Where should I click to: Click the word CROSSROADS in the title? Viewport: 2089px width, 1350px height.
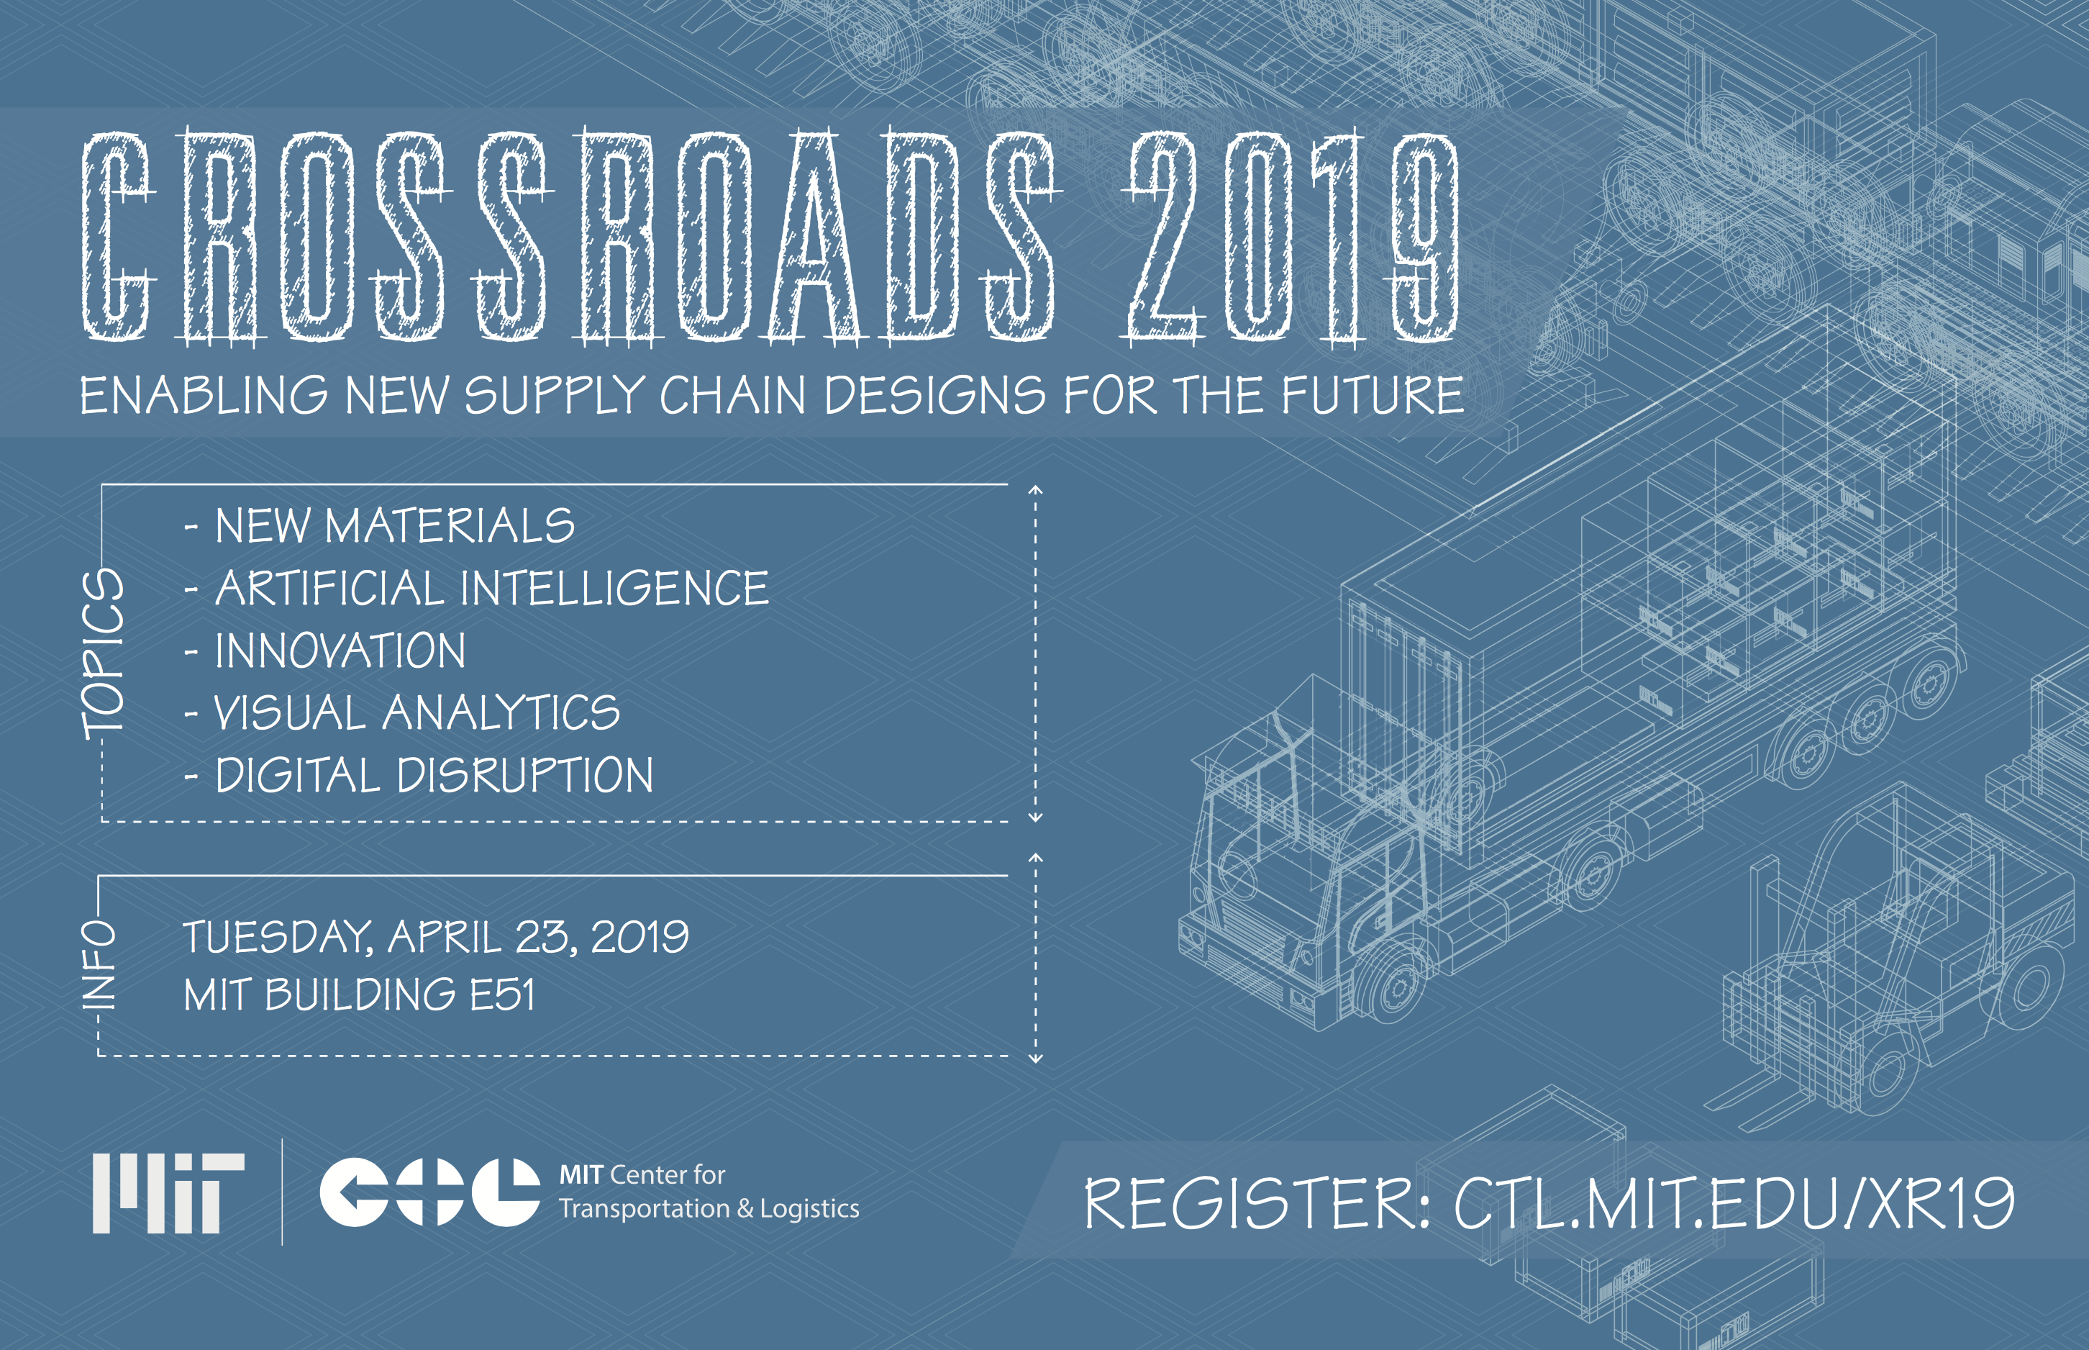[x=572, y=237]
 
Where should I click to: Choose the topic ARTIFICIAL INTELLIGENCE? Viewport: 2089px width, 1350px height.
[x=478, y=588]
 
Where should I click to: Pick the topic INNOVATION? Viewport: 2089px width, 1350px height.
[x=326, y=651]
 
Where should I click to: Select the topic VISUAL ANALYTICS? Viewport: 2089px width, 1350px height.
[x=403, y=712]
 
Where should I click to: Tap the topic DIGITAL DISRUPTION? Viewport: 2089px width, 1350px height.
[x=419, y=775]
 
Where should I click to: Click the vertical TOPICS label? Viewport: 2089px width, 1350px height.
[x=104, y=653]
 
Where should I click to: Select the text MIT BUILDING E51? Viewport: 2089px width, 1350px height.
[x=359, y=995]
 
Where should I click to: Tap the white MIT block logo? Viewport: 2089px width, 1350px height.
[x=168, y=1193]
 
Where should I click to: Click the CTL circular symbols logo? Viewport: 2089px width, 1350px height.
[x=429, y=1192]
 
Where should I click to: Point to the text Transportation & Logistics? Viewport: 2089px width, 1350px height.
[x=709, y=1209]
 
